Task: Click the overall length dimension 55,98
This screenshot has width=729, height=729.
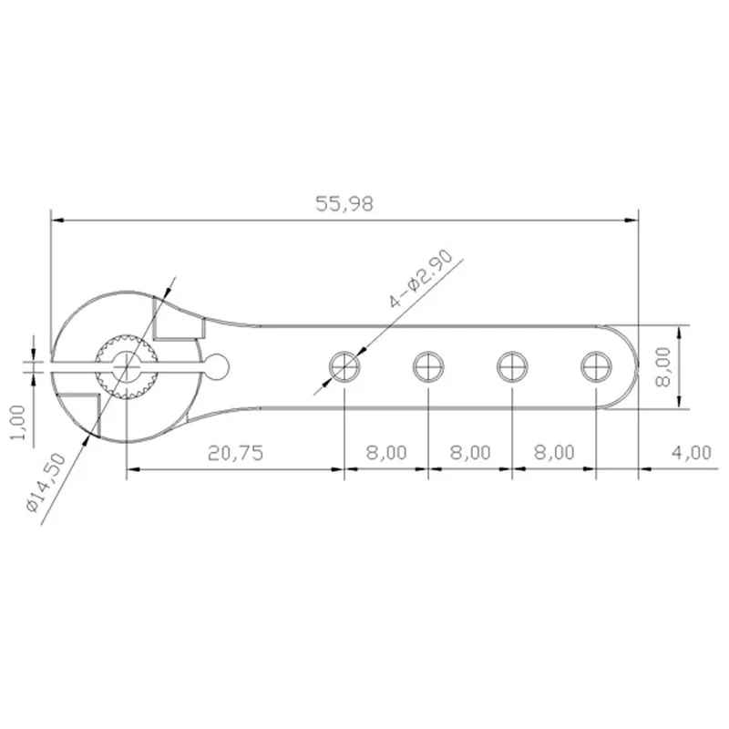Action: (x=344, y=204)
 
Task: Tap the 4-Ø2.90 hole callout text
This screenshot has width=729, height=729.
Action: (x=421, y=280)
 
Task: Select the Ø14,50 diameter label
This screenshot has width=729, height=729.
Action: (x=46, y=483)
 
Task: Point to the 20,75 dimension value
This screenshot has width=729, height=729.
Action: (x=236, y=453)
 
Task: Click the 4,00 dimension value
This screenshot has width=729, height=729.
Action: (x=692, y=452)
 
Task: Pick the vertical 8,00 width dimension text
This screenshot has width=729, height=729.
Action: (x=662, y=367)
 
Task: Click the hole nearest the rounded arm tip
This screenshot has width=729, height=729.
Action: (x=596, y=367)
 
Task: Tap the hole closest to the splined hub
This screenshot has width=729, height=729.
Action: (x=344, y=367)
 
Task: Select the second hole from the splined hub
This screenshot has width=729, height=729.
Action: (x=428, y=367)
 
